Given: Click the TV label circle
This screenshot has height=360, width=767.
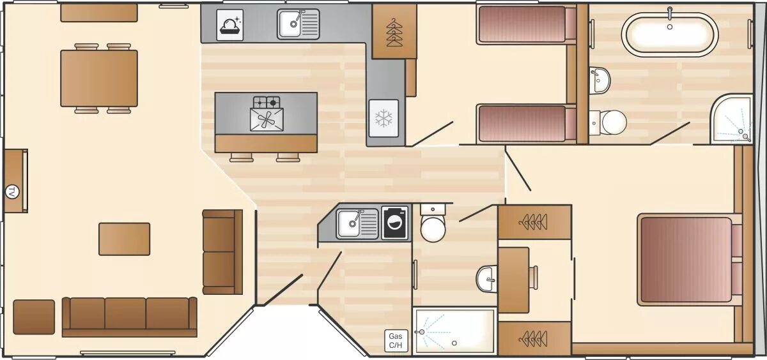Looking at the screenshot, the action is pyautogui.click(x=12, y=191).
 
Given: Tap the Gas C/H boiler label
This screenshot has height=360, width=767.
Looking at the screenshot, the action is pyautogui.click(x=396, y=340).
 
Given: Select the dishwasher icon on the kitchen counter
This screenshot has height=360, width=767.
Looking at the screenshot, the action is pyautogui.click(x=229, y=25).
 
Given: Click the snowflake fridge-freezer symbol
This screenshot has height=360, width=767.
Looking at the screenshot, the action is pyautogui.click(x=383, y=118).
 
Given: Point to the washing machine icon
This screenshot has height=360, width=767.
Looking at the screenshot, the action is pyautogui.click(x=395, y=223).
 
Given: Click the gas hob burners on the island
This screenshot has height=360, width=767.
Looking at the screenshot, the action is pyautogui.click(x=267, y=102).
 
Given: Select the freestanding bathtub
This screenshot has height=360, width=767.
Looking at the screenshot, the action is pyautogui.click(x=670, y=34).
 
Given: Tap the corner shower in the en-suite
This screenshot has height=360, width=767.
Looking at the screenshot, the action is pyautogui.click(x=731, y=119).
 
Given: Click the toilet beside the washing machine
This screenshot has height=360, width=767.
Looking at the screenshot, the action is pyautogui.click(x=433, y=223).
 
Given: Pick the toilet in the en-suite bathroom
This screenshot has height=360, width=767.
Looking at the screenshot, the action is pyautogui.click(x=608, y=123).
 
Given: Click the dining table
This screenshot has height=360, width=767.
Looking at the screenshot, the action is pyautogui.click(x=99, y=79).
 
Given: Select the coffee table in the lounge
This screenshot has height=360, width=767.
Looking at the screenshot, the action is pyautogui.click(x=124, y=239).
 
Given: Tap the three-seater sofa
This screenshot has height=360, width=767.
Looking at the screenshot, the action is pyautogui.click(x=129, y=317).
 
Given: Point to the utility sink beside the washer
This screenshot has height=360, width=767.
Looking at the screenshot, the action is pyautogui.click(x=357, y=224).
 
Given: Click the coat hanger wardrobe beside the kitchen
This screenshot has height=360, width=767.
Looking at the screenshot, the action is pyautogui.click(x=394, y=31).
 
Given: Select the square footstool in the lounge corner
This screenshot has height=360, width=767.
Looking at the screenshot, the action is pyautogui.click(x=34, y=317).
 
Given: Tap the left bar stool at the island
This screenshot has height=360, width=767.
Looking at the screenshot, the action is pyautogui.click(x=242, y=157).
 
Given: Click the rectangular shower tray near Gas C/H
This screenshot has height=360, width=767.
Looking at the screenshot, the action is pyautogui.click(x=454, y=331).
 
